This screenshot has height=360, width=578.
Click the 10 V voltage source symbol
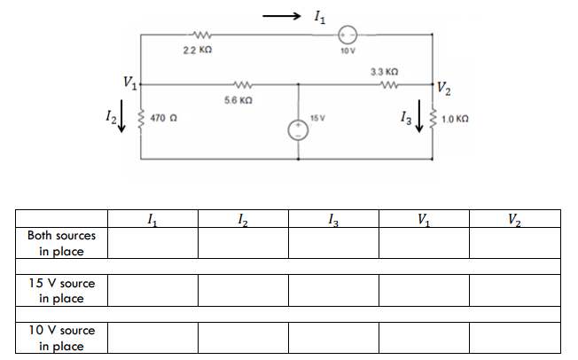(x=348, y=35)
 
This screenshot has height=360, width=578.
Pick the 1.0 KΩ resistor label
(x=458, y=118)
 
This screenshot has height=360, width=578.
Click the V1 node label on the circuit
(x=130, y=84)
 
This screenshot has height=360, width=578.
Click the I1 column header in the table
(x=152, y=218)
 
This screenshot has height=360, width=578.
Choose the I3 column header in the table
(x=332, y=218)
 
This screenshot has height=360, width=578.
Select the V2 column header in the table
(x=516, y=218)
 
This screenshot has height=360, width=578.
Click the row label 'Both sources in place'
(x=61, y=243)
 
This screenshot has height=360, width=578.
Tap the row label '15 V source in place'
(x=61, y=290)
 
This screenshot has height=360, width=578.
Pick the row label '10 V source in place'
(x=61, y=337)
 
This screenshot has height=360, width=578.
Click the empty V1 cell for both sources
(x=425, y=243)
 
